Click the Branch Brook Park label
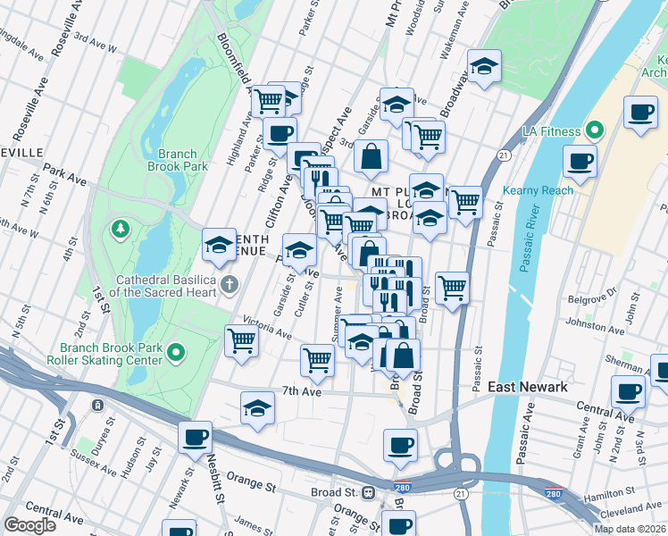(178, 160)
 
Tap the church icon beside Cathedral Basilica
(230, 286)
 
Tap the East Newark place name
(527, 387)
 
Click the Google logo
(30, 525)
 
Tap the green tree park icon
(119, 230)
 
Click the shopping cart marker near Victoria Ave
(242, 340)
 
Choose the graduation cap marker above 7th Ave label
(257, 406)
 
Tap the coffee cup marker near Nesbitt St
(195, 438)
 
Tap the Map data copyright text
(630, 529)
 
